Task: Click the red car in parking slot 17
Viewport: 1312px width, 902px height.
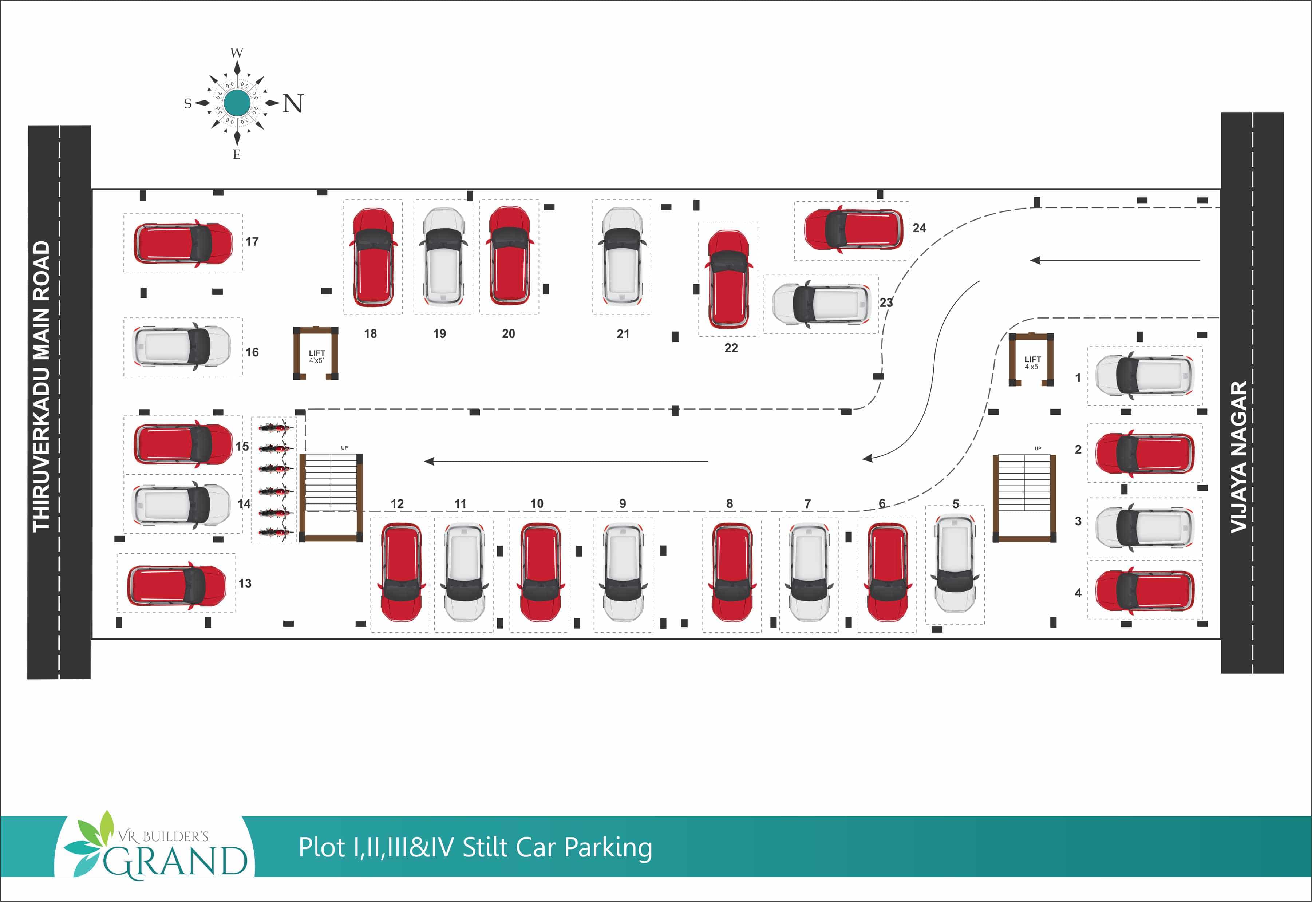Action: click(183, 243)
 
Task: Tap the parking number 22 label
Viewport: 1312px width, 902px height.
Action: click(731, 348)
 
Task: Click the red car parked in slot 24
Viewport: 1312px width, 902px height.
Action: click(853, 229)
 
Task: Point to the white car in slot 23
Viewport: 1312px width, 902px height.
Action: click(821, 304)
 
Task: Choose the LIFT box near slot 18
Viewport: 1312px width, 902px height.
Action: click(315, 355)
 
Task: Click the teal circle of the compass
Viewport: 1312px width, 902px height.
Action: click(237, 103)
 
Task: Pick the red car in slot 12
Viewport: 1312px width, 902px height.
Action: click(401, 572)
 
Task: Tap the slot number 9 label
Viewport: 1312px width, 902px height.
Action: click(623, 503)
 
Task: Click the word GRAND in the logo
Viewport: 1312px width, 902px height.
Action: click(175, 861)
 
